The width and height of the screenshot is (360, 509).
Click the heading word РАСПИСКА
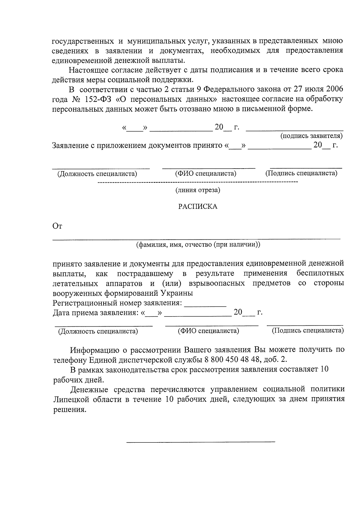click(198, 207)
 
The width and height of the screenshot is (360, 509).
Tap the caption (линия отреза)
click(198, 190)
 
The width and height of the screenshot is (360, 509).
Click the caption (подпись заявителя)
click(311, 136)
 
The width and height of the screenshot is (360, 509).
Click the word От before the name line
click(57, 226)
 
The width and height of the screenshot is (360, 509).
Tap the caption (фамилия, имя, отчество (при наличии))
click(198, 244)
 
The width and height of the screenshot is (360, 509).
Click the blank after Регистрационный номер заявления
click(205, 305)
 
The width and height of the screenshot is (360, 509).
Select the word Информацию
click(96, 350)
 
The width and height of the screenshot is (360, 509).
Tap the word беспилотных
click(320, 274)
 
